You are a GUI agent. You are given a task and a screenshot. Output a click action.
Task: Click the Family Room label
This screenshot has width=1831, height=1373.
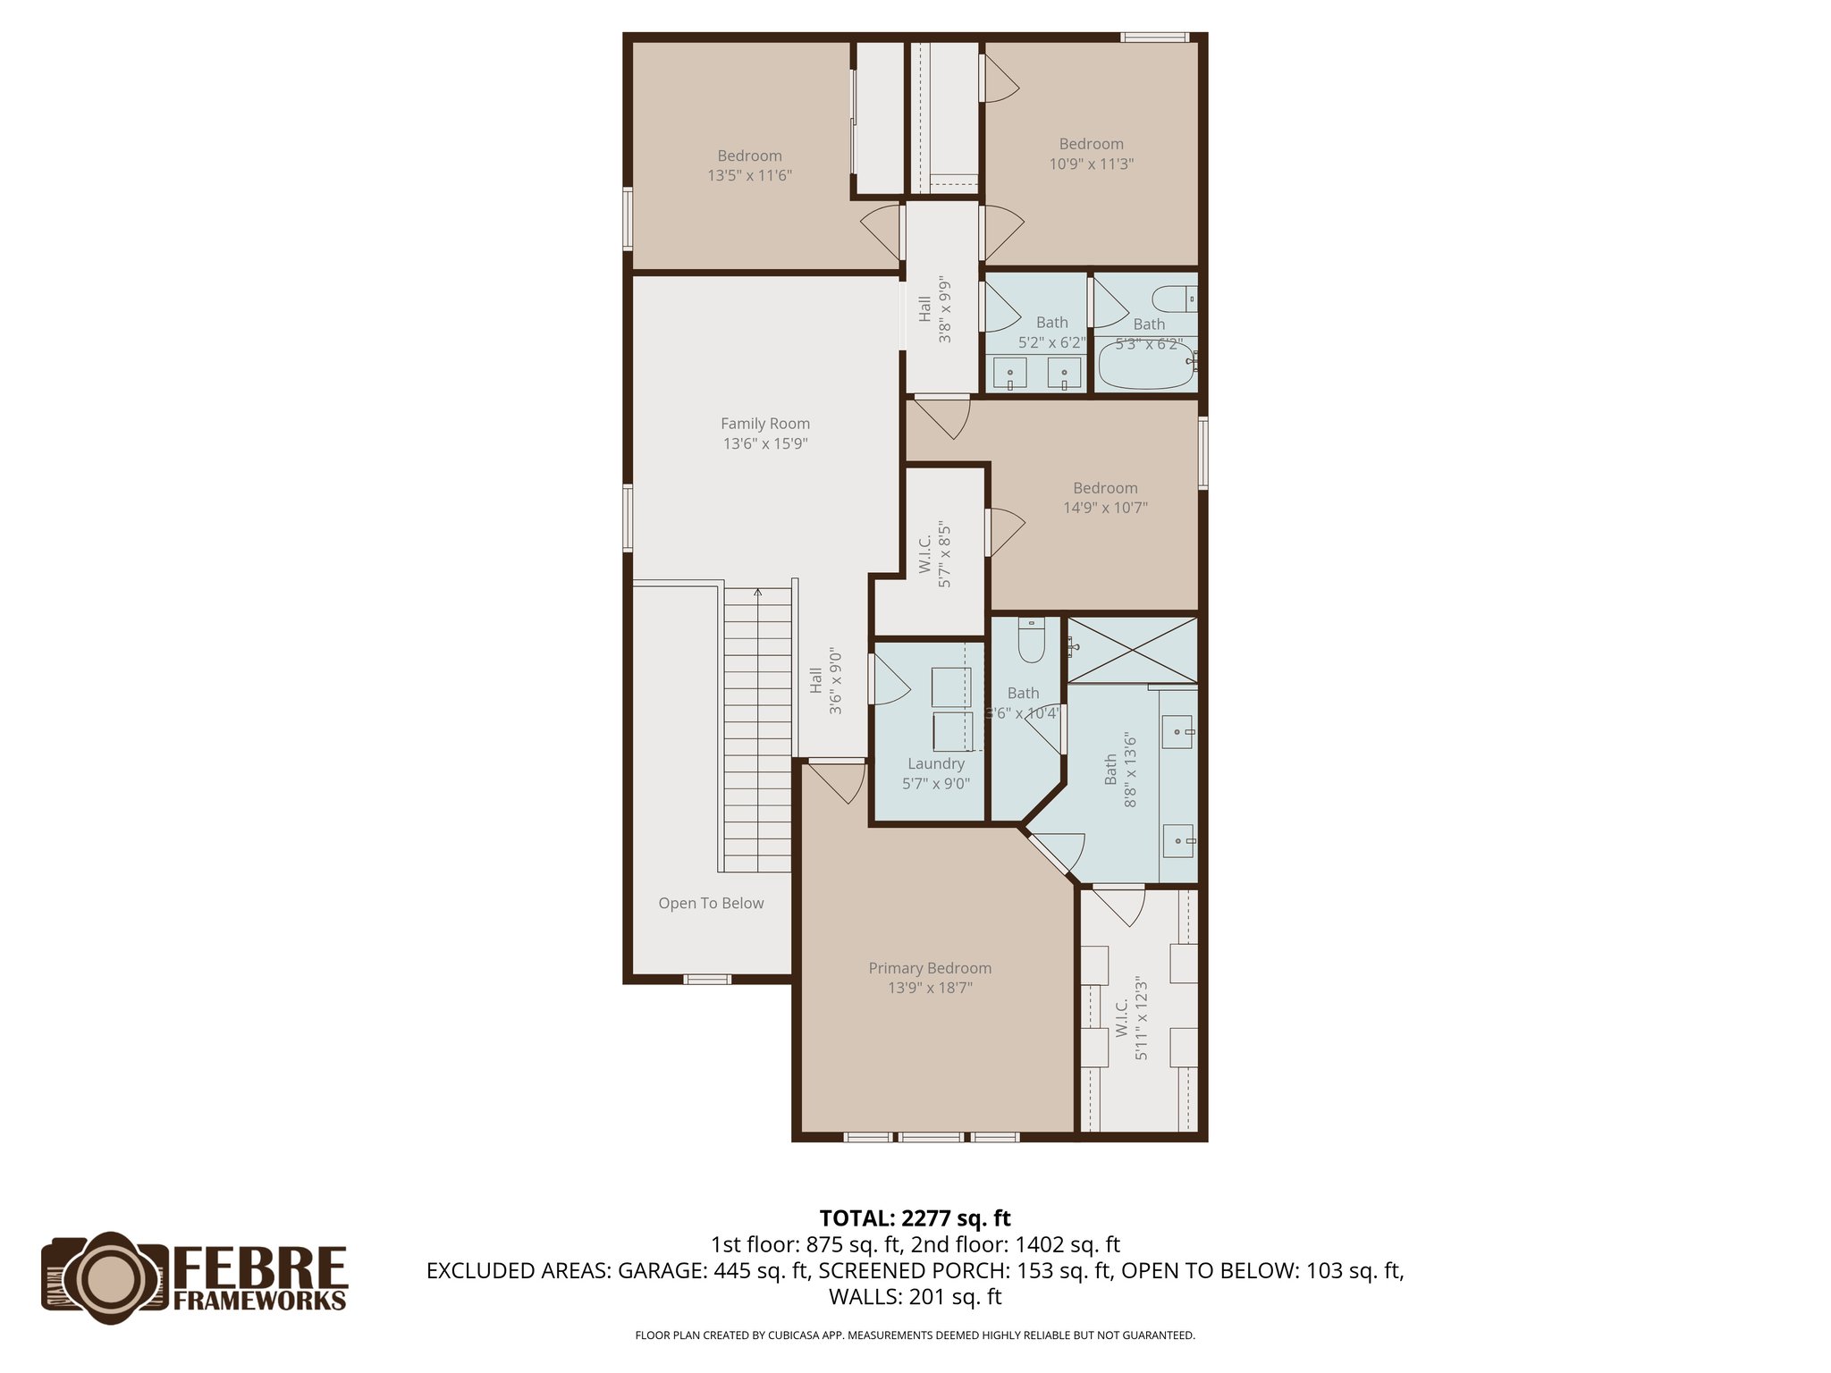765,424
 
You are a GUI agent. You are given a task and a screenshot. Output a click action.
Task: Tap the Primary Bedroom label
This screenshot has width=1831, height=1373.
930,968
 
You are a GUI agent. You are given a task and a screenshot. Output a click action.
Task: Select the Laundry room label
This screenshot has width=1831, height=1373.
936,763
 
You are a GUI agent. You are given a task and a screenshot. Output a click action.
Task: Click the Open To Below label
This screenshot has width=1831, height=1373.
711,903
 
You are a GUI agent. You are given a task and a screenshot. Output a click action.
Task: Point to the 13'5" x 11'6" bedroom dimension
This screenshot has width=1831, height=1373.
749,176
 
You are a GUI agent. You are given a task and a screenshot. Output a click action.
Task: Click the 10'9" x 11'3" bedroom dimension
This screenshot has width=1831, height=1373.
1091,164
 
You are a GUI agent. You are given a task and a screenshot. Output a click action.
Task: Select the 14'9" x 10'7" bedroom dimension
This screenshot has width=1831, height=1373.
1105,508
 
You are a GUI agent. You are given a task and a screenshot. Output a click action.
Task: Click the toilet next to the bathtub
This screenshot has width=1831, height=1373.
1172,298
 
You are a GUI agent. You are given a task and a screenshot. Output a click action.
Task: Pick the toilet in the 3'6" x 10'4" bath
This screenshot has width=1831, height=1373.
1032,641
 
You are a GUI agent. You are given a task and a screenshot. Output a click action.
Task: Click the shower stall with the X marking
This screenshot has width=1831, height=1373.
1133,650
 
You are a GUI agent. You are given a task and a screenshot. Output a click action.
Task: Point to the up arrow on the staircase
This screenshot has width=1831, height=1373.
758,594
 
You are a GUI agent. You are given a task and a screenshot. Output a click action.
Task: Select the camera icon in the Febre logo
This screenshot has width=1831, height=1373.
105,1274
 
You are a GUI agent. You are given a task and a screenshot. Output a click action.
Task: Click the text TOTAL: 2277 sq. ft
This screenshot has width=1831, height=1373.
915,1218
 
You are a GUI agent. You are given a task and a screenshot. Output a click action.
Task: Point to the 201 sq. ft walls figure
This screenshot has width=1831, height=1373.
955,1297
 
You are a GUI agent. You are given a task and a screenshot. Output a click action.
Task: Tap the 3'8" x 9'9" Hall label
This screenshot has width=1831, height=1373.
935,309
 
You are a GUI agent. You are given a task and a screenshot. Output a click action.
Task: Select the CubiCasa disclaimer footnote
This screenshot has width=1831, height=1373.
915,1335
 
